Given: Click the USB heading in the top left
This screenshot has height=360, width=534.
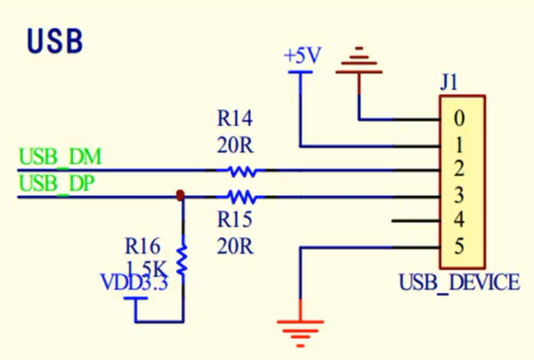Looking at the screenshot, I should point(55,40).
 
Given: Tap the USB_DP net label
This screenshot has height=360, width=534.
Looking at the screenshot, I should point(57,184).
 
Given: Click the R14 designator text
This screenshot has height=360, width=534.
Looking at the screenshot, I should point(235,119).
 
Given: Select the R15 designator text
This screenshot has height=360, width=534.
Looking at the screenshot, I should point(235,220).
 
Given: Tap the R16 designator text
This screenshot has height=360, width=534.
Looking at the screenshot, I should point(142,246).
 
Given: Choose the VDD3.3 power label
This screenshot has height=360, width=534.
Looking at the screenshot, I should point(135,281).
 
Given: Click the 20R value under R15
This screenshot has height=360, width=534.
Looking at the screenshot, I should point(235,246).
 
